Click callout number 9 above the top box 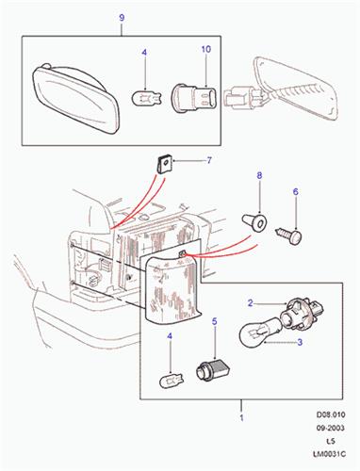tap(122, 18)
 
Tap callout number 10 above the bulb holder tap(206, 49)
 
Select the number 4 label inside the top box tap(144, 53)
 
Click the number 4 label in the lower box tap(170, 336)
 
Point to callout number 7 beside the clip tap(209, 161)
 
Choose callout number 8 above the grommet tap(259, 175)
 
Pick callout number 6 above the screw tap(296, 192)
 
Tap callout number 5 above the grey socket tap(215, 321)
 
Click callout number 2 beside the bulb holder tap(250, 303)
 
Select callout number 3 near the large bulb tap(300, 342)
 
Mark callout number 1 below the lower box tap(241, 418)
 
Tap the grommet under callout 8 tap(254, 222)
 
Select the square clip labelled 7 tap(163, 165)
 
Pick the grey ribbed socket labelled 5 tap(213, 370)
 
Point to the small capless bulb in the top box tap(146, 97)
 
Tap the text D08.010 tap(331, 414)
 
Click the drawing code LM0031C tap(329, 454)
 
